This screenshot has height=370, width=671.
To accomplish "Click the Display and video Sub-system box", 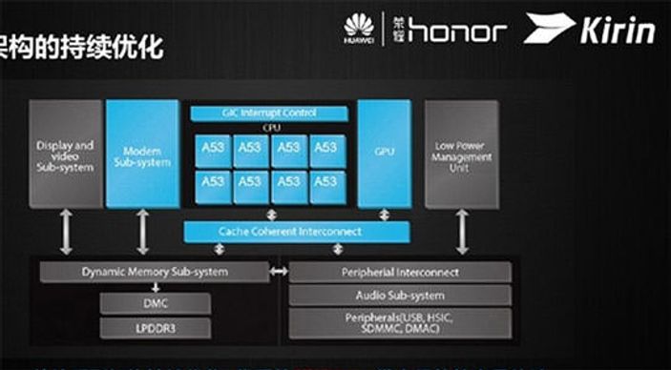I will point(66,154).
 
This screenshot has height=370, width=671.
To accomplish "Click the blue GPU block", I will point(384,154).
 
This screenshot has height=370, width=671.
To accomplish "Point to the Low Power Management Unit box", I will point(462,154).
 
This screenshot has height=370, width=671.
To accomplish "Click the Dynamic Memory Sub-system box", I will point(155,272).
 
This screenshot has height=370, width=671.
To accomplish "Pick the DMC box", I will point(155,304).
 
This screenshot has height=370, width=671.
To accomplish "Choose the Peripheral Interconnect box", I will point(400,272).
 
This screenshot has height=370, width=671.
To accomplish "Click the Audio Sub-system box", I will point(400,296).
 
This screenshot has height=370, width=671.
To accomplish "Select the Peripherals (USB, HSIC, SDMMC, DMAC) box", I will point(400,322).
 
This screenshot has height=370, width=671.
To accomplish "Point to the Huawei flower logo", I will point(359,27).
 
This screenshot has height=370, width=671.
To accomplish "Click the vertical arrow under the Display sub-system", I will point(66,232).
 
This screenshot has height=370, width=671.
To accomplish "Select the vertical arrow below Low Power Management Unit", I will point(462,232).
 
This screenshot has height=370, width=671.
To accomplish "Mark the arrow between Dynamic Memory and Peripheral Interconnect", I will point(278,273).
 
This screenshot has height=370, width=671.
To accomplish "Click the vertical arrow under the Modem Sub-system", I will point(143,232).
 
